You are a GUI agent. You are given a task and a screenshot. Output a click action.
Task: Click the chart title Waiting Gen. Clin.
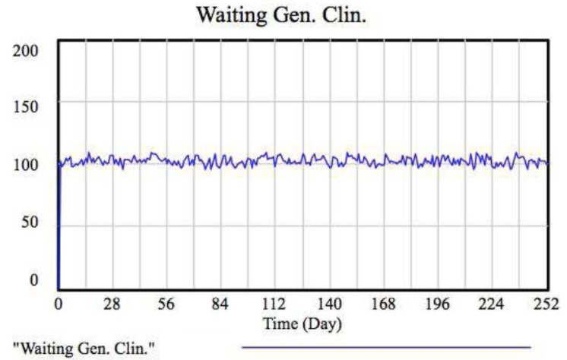282,14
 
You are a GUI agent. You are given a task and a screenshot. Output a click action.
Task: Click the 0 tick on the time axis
59,305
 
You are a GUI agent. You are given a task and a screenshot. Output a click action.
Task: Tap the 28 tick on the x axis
112,305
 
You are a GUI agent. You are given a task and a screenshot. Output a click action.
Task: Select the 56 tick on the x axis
166,305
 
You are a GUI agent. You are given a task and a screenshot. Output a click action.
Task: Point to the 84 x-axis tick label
220,305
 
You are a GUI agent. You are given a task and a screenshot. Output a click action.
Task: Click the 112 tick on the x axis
274,305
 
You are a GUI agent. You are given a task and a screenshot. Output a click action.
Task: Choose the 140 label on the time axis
329,305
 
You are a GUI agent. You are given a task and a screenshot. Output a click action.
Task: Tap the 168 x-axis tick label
383,305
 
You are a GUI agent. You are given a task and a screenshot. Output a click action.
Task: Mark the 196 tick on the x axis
438,305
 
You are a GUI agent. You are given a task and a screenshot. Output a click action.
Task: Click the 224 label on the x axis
492,305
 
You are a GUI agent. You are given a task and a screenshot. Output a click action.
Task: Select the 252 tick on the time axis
546,305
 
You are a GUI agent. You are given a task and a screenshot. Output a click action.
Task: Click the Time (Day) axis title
303,324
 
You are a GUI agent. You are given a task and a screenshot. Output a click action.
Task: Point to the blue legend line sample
385,346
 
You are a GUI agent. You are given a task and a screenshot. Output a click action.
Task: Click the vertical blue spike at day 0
59,228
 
